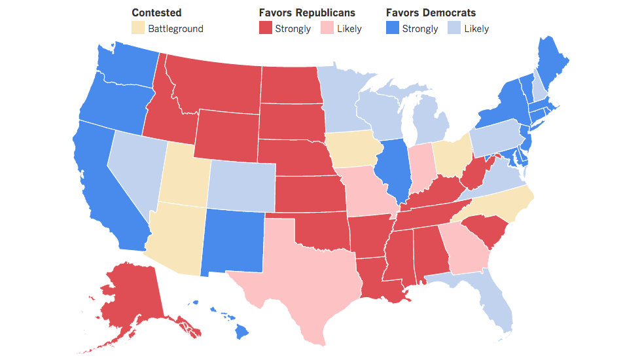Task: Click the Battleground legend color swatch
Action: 138,28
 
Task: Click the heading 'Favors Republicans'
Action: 307,12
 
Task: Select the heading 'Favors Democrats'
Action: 431,12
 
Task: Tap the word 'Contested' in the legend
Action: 156,12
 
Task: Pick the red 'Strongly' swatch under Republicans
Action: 265,28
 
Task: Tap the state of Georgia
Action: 465,249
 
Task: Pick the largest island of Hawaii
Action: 241,333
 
